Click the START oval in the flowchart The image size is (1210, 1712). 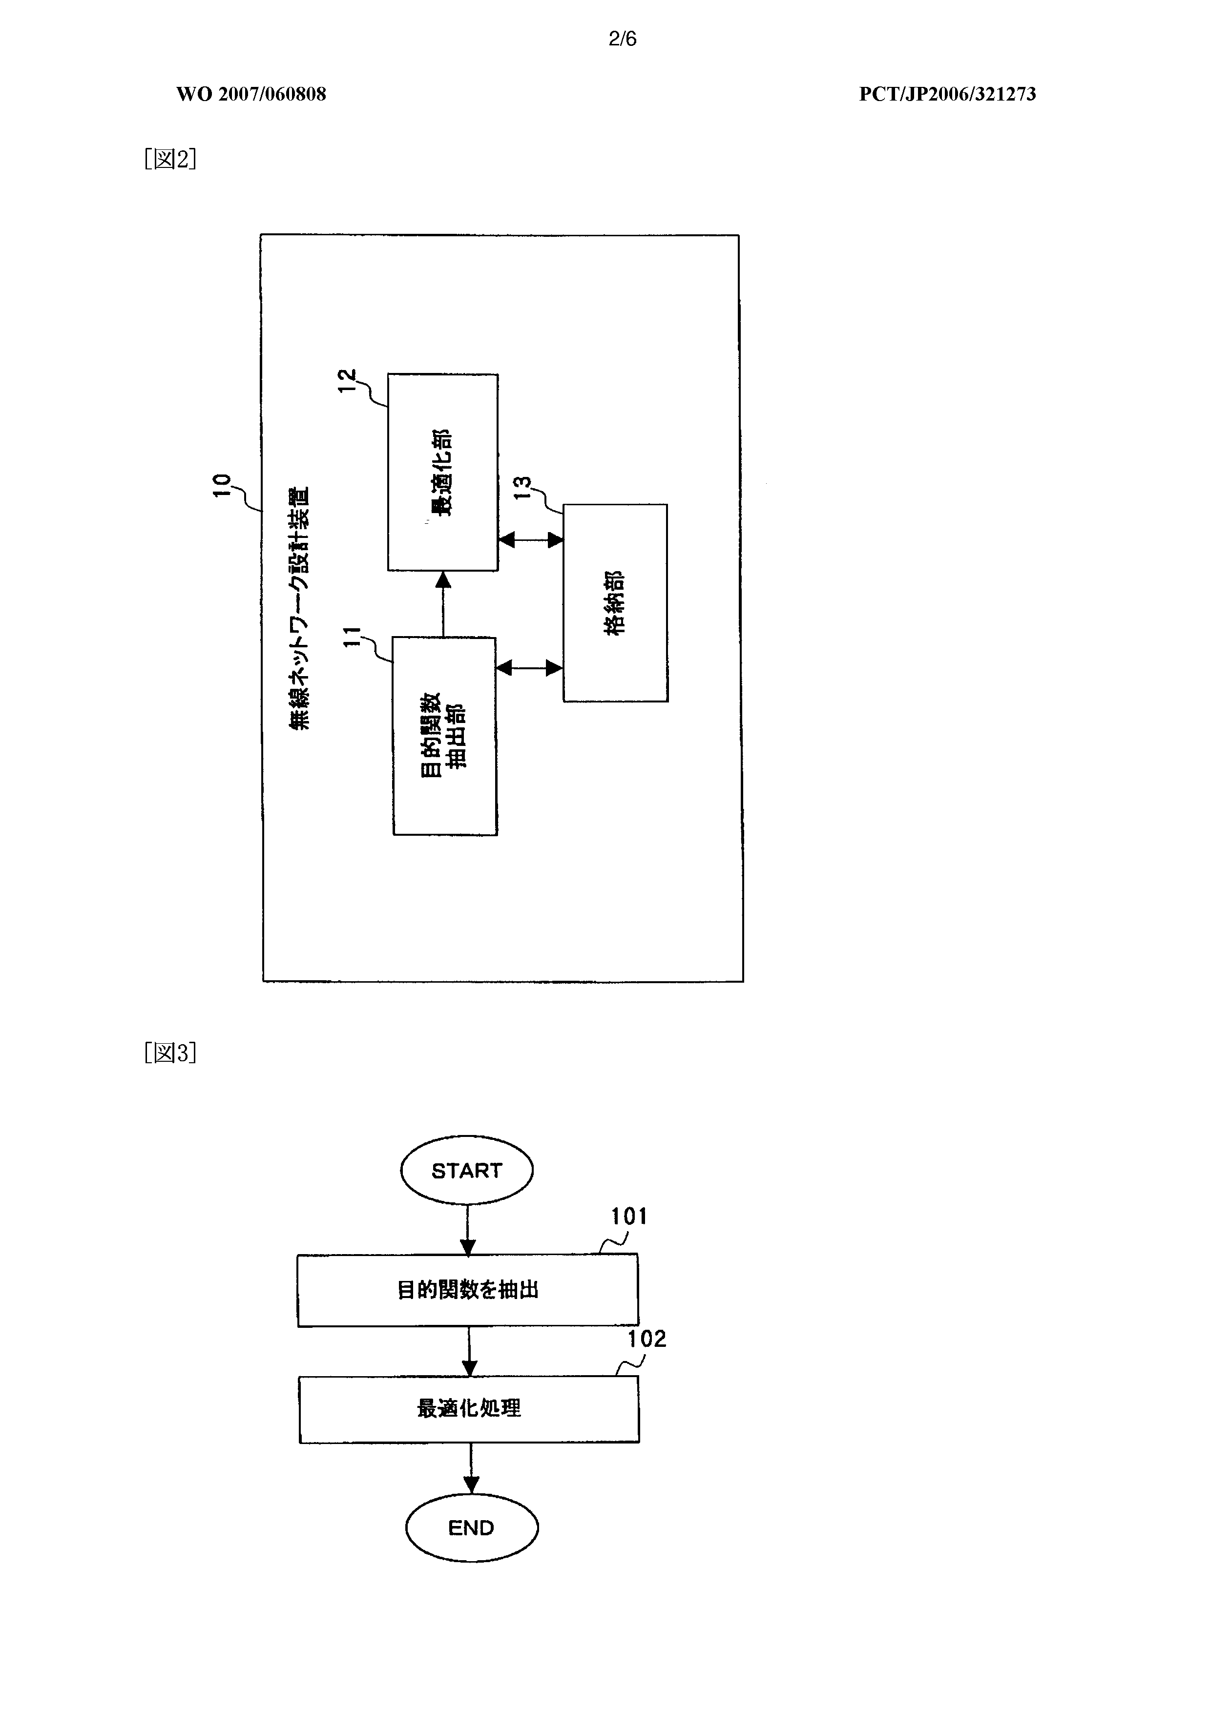tap(467, 1170)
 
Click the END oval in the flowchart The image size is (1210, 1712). tap(472, 1528)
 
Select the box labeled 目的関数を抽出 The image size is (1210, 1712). tap(468, 1290)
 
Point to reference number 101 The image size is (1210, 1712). tap(629, 1217)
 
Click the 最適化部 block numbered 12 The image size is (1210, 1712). tap(443, 473)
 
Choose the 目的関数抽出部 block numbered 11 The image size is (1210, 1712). tap(445, 736)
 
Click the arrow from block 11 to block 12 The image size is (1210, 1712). tap(444, 604)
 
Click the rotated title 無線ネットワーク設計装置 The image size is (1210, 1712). tap(300, 608)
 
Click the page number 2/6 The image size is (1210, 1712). tap(623, 39)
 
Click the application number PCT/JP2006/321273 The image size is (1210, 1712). tap(947, 94)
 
